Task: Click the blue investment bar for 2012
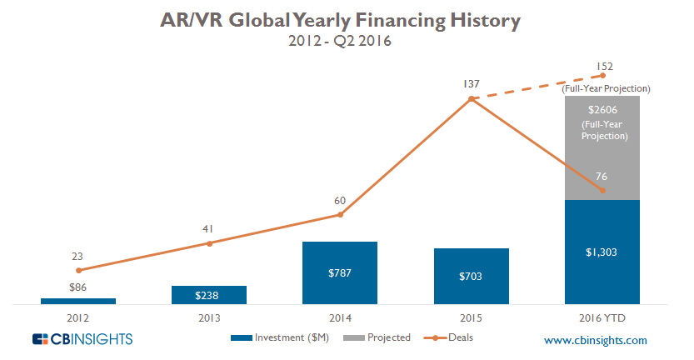[77, 301]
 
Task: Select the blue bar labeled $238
[209, 294]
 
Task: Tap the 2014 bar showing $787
[340, 272]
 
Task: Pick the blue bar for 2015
[472, 276]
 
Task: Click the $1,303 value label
[602, 252]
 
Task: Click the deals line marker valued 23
[78, 270]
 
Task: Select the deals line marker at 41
[209, 243]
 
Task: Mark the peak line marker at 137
[472, 99]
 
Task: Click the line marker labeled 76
[602, 191]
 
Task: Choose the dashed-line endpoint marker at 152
[602, 76]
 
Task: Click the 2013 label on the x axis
[209, 317]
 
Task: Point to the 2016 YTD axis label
[602, 317]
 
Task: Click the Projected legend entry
[380, 337]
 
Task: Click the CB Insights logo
[82, 339]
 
